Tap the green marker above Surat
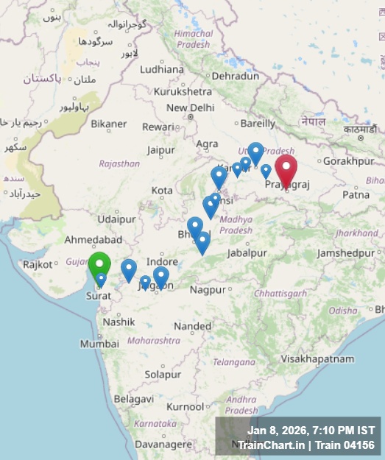[99, 264]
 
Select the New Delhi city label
[190, 108]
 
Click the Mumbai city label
[99, 344]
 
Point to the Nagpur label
[207, 290]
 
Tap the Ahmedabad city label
[93, 240]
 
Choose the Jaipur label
[160, 150]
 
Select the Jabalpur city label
[247, 252]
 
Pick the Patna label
[356, 195]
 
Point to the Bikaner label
[109, 124]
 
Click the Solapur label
[163, 375]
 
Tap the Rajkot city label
[38, 264]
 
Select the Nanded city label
[193, 326]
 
